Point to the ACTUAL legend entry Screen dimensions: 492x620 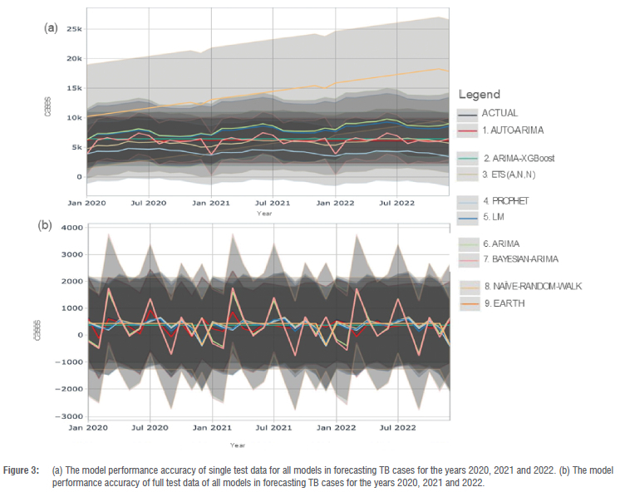tap(499, 113)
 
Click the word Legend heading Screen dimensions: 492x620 tap(479, 95)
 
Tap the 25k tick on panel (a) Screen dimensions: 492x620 tap(75, 29)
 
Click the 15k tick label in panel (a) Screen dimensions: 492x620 tap(75, 88)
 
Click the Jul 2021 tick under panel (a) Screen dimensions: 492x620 tap(272, 202)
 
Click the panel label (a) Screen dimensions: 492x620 tap(51, 27)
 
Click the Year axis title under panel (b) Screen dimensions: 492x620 tap(238, 445)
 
